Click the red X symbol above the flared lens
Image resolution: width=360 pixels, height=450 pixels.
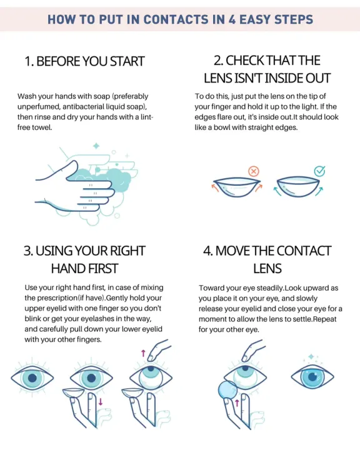pyautogui.click(x=254, y=171)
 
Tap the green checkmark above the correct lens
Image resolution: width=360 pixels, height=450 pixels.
pyautogui.click(x=319, y=171)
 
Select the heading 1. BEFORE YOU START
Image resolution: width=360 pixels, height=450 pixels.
pyautogui.click(x=84, y=61)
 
